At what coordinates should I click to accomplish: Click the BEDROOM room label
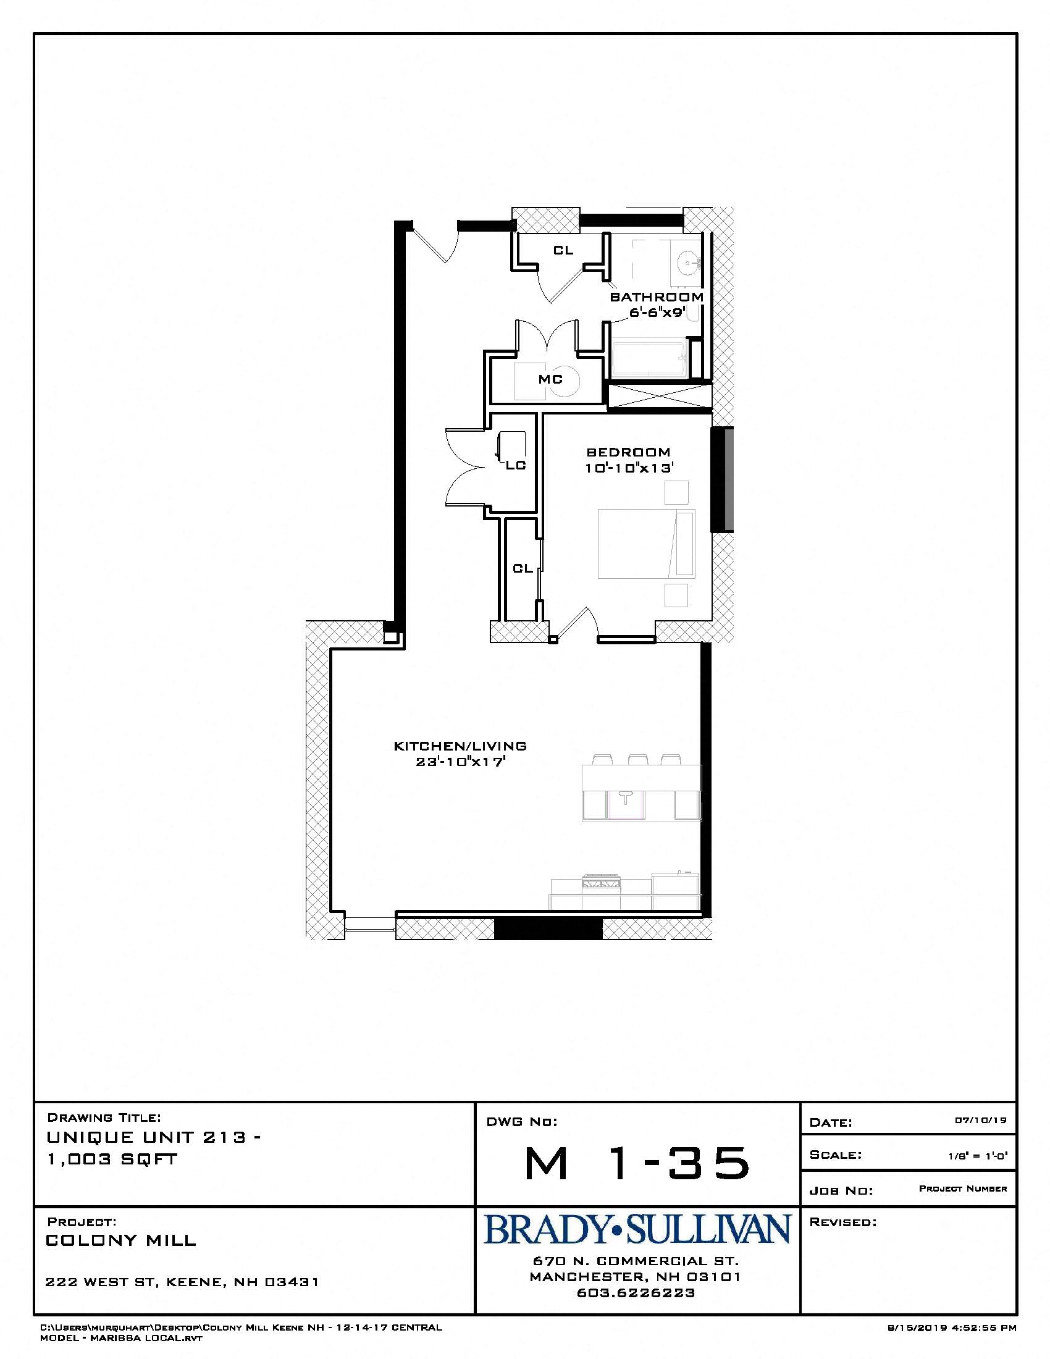(628, 452)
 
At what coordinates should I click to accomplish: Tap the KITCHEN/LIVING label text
(460, 746)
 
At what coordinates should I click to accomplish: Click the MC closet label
(550, 379)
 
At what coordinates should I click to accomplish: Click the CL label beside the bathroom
(563, 251)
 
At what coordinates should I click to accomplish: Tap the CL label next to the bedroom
(523, 568)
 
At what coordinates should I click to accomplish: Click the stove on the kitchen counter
(600, 881)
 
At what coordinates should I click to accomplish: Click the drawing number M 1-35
(636, 1163)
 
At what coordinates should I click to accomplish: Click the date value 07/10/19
(981, 1120)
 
